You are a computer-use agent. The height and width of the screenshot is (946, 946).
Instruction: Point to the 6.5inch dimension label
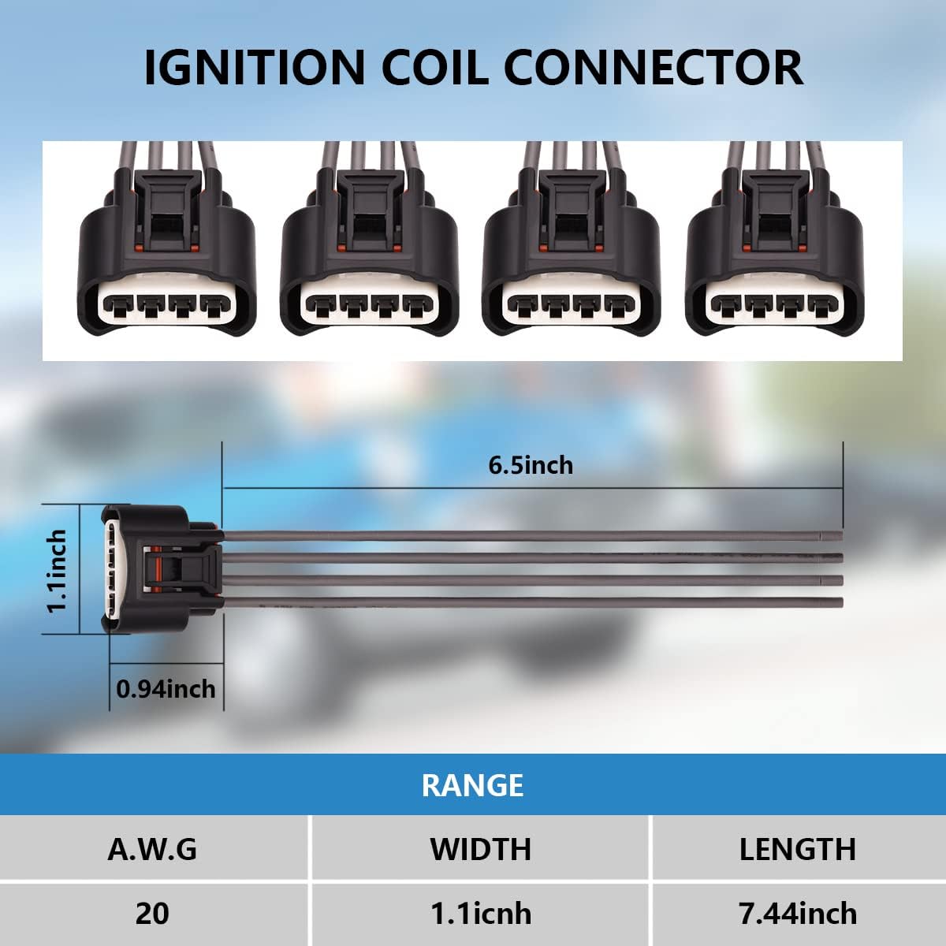(x=531, y=465)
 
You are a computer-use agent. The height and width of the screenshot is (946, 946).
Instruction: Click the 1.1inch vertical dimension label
(x=56, y=571)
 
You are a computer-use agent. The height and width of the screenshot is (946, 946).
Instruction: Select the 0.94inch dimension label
(x=166, y=689)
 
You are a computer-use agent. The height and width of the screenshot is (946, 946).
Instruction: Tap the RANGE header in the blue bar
(x=472, y=785)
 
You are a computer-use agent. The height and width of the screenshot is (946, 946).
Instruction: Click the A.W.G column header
(x=152, y=849)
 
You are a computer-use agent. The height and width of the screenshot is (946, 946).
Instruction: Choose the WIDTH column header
(x=480, y=849)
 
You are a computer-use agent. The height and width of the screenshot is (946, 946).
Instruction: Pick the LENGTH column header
(x=797, y=849)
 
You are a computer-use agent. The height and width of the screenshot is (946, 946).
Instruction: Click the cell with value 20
(x=152, y=913)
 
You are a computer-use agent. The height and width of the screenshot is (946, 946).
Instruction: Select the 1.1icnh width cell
(x=480, y=914)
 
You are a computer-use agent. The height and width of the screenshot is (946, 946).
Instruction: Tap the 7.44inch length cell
(x=797, y=913)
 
